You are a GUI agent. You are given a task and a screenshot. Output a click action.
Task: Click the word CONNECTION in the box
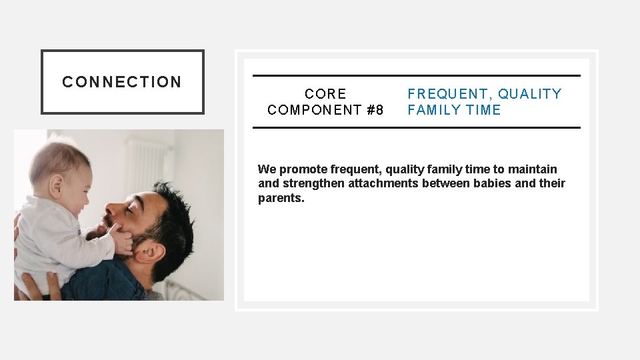click(122, 82)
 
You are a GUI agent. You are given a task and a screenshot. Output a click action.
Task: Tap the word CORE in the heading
click(325, 94)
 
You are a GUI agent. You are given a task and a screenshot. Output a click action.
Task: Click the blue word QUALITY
click(530, 94)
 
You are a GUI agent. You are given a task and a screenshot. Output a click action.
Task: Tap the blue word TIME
click(483, 110)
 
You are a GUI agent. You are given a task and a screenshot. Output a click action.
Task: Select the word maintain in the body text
click(532, 169)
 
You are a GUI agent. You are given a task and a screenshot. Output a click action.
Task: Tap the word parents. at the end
click(281, 198)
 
